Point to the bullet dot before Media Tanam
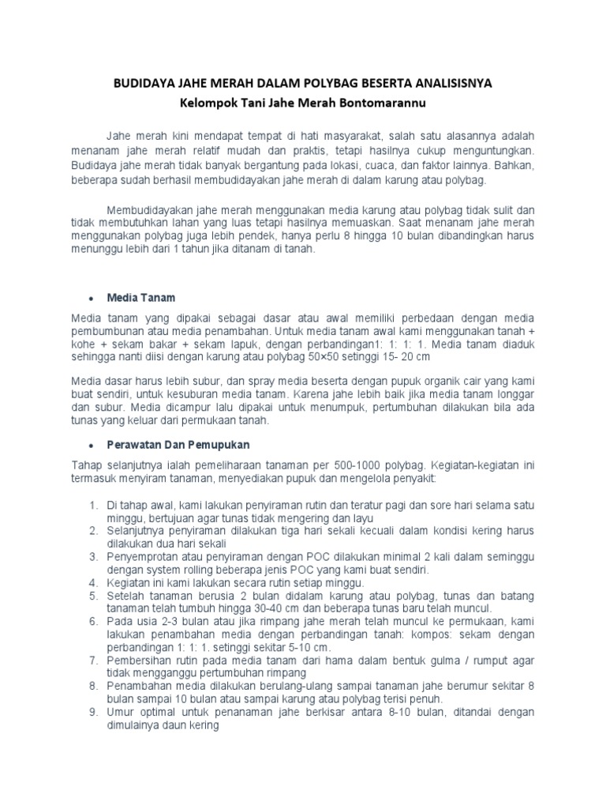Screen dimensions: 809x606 [x=92, y=299]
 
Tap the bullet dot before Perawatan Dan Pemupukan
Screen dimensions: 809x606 [x=92, y=446]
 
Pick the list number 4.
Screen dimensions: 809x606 [x=92, y=582]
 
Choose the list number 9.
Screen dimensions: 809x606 [x=92, y=712]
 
